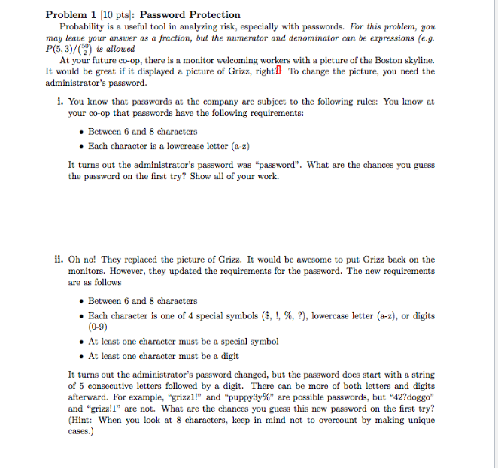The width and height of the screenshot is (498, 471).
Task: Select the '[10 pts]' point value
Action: coord(114,14)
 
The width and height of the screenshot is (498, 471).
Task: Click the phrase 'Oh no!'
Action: coord(83,260)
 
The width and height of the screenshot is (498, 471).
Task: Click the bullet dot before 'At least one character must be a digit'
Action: coord(82,356)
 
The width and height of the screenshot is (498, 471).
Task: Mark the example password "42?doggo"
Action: coord(408,399)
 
